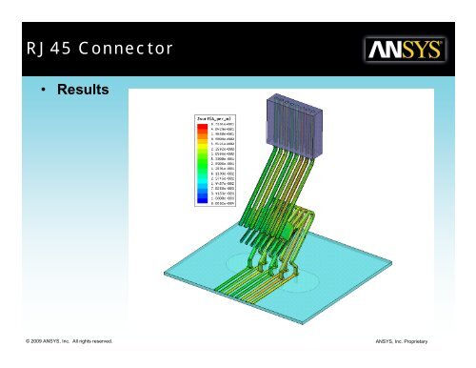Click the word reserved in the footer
point(99,340)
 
